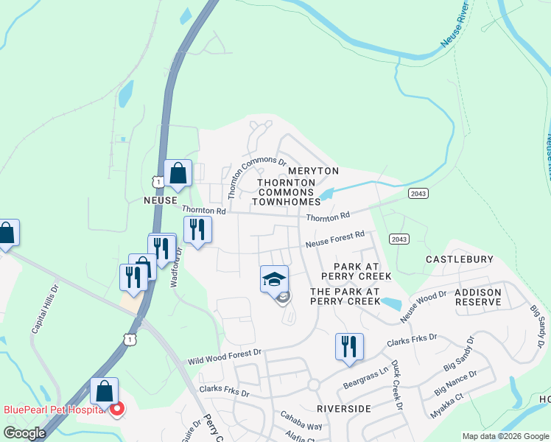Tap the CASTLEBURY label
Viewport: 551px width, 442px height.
pos(459,260)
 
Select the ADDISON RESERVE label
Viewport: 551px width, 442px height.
pos(478,297)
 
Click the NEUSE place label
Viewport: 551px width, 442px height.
pos(160,200)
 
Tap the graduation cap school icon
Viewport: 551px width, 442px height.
pos(274,279)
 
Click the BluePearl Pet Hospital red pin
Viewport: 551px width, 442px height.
pos(116,409)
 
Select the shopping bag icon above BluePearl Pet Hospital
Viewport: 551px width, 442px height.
pos(104,390)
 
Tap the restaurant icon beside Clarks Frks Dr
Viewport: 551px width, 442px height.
pos(349,346)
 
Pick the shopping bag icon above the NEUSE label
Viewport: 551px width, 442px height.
pos(178,174)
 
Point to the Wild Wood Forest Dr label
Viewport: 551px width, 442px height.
pos(225,357)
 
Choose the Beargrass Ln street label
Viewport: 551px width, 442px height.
pos(366,380)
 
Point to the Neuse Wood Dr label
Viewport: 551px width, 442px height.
pos(423,306)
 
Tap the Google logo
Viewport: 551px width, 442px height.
pos(24,433)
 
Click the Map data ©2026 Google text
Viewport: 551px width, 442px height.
pos(506,436)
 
